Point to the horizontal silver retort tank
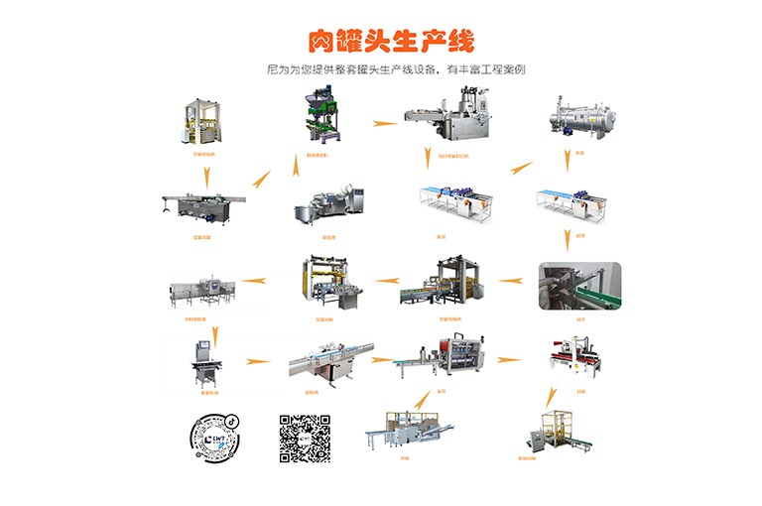pyautogui.click(x=578, y=122)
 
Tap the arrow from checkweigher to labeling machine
pyautogui.click(x=258, y=360)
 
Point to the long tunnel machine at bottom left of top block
pyautogui.click(x=203, y=206)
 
